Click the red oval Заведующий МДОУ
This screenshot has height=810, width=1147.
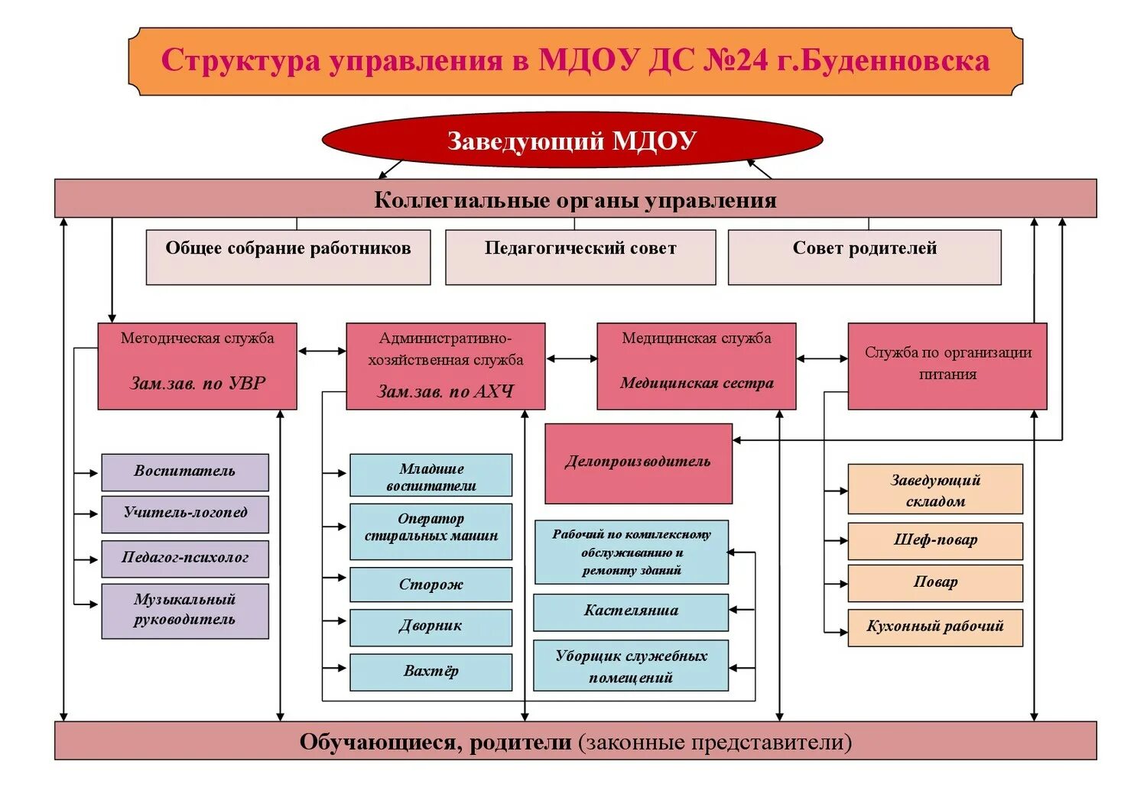point(572,141)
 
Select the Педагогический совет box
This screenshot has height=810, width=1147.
point(580,257)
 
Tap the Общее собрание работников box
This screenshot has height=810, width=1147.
point(288,257)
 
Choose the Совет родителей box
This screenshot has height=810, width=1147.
point(864,257)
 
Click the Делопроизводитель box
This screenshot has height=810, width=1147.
point(638,463)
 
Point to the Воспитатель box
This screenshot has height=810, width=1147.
point(185,472)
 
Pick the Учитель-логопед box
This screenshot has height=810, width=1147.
point(185,514)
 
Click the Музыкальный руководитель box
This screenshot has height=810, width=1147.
point(185,611)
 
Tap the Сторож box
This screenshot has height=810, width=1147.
point(431,585)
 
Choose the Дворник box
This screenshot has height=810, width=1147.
point(431,627)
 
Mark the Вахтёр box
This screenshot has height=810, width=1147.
point(431,672)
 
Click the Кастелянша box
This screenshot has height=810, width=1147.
point(631,611)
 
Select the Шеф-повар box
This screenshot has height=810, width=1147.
point(935,541)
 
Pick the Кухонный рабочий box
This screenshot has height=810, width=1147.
point(935,627)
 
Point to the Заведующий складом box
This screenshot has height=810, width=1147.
point(935,489)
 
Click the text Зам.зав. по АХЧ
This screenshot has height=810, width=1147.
point(446,392)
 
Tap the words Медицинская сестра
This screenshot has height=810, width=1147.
point(697,384)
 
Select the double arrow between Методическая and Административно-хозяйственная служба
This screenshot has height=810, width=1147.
point(322,352)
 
